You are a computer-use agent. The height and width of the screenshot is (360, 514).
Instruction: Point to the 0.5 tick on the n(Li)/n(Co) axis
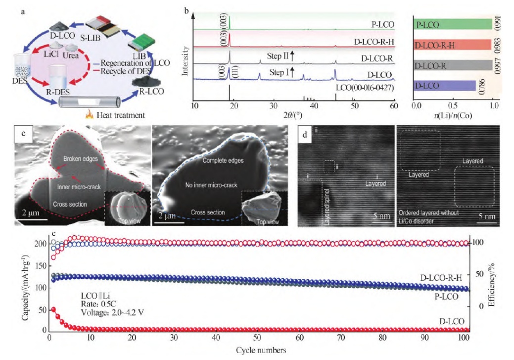pyautogui.click(x=455, y=106)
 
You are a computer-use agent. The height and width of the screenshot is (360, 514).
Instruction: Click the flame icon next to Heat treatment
pyautogui.click(x=90, y=114)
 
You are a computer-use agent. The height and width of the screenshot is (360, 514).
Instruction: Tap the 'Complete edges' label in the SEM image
pyautogui.click(x=221, y=161)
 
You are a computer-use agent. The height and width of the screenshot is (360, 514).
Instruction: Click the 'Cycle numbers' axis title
pyautogui.click(x=261, y=350)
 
